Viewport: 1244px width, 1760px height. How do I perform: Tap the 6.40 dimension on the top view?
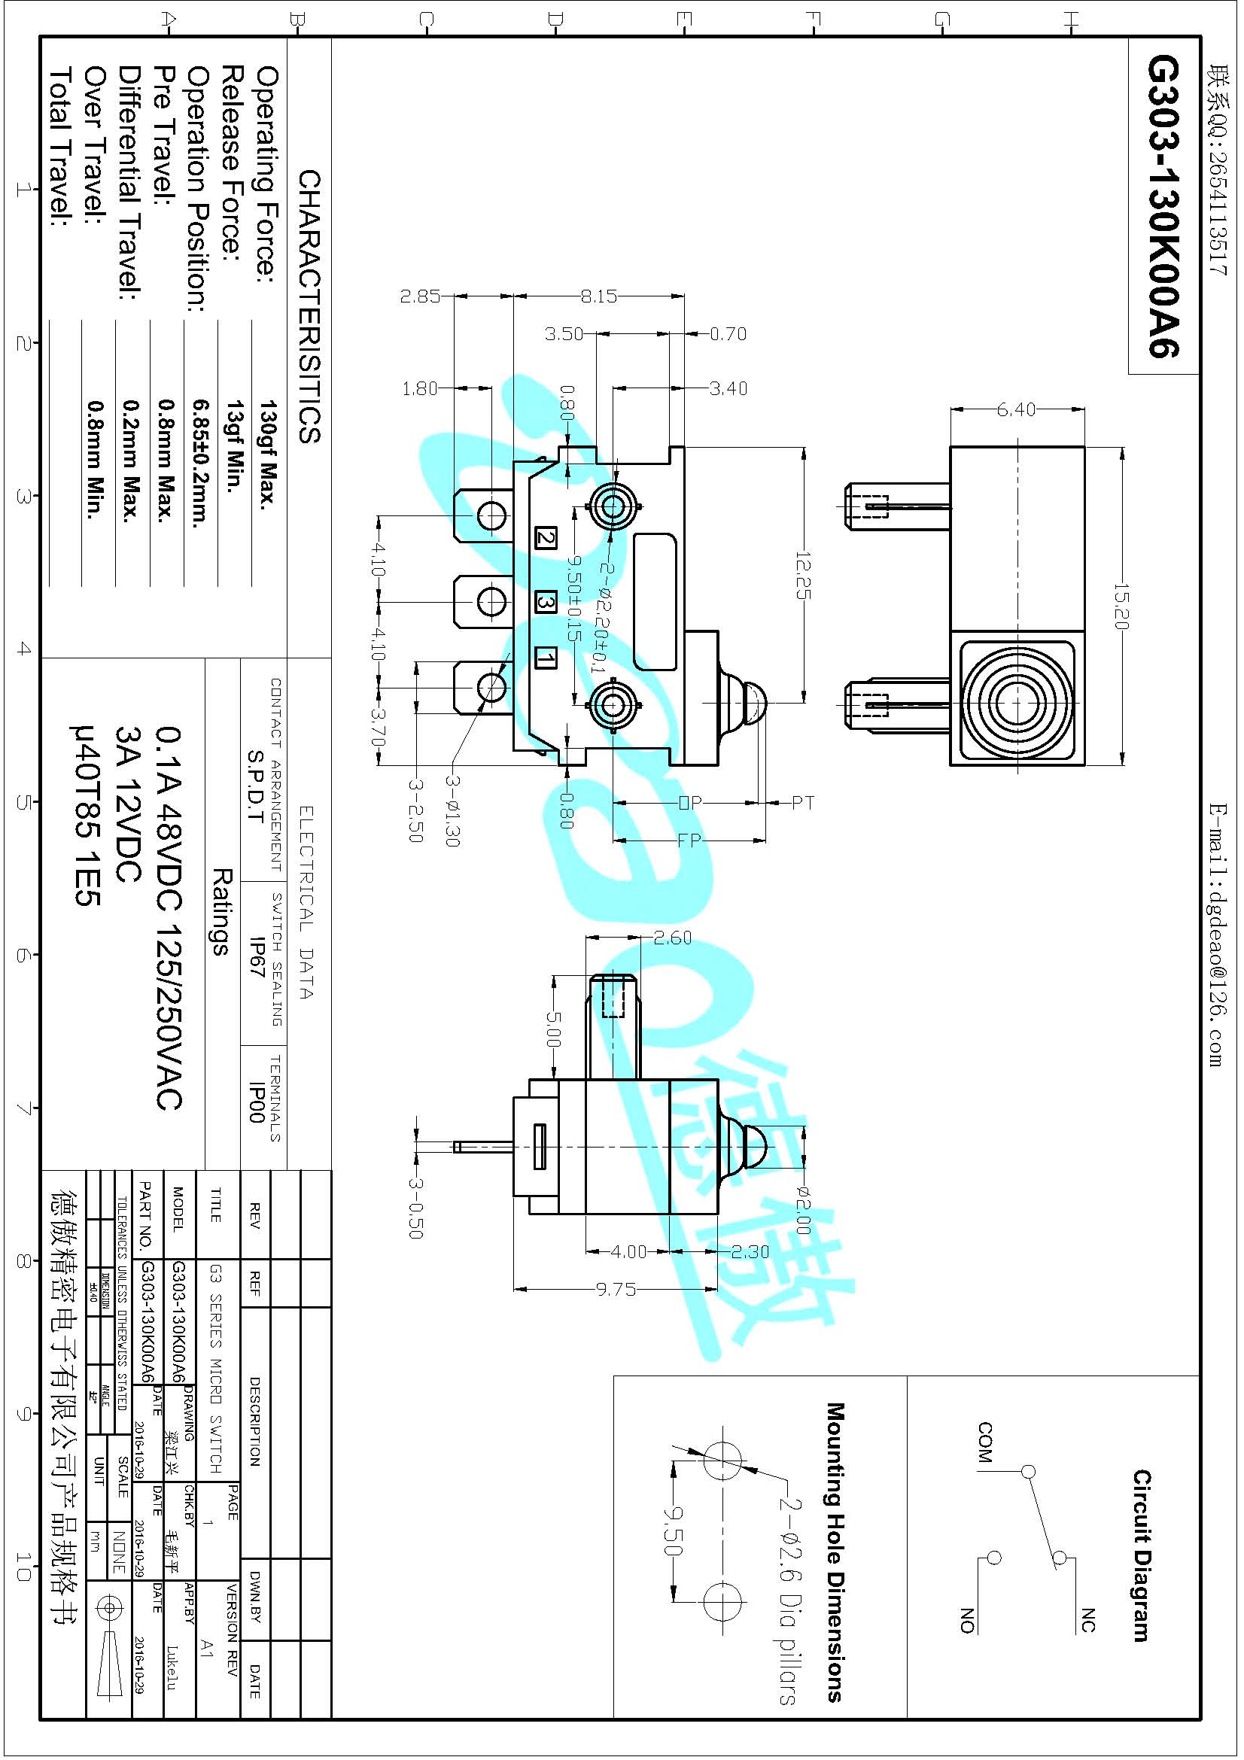1017,410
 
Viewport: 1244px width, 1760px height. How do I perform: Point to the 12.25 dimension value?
803,575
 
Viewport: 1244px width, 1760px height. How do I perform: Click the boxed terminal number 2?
545,537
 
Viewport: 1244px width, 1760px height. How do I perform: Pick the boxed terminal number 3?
545,603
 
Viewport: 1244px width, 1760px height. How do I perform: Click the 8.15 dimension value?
598,296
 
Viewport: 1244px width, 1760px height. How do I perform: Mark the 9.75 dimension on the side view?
616,1290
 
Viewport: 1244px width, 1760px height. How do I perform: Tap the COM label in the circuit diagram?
985,1442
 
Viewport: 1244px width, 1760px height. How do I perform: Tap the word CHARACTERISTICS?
309,306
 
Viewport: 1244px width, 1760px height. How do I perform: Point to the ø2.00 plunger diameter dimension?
802,1211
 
